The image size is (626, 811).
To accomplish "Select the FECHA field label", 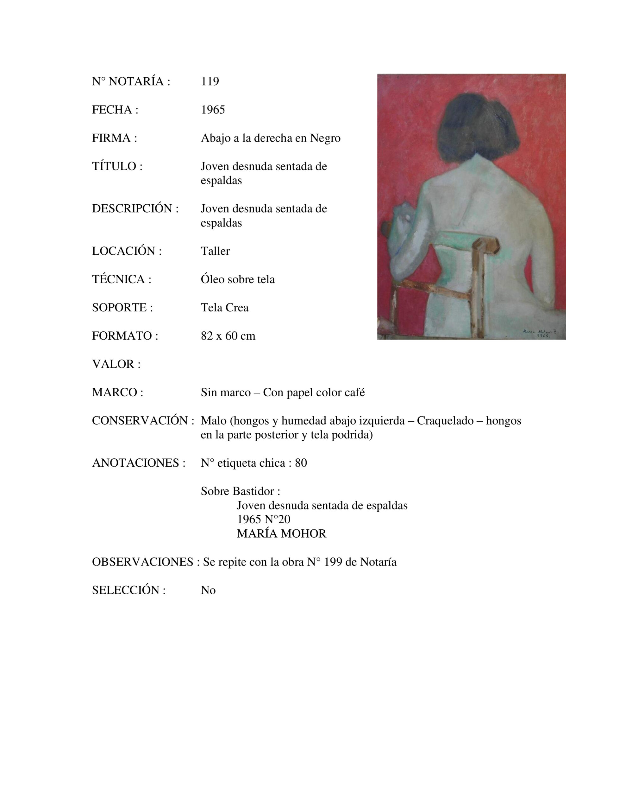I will (x=115, y=110).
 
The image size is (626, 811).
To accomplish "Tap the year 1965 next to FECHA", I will (x=213, y=110).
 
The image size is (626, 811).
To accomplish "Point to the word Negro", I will (x=325, y=138).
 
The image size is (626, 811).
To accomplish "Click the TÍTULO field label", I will (x=117, y=166).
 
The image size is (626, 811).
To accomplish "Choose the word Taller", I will (x=215, y=251).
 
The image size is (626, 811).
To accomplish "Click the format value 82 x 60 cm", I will (x=228, y=336).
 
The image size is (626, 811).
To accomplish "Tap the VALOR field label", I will (x=116, y=364).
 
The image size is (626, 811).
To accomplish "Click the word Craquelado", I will (x=445, y=421).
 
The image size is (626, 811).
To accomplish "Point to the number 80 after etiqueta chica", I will (x=301, y=463).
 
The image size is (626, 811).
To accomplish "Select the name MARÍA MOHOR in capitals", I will (x=281, y=533).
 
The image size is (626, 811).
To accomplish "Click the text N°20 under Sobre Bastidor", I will (x=277, y=520).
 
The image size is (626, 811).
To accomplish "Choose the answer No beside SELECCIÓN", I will (x=208, y=590).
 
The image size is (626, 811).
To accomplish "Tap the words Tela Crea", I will (x=224, y=308).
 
